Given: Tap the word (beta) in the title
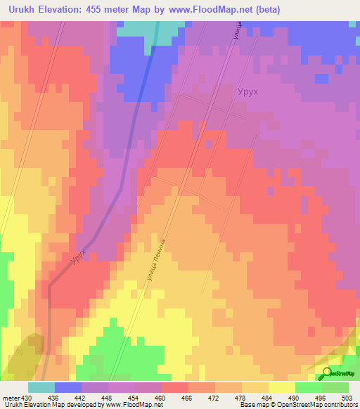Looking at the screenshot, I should (x=302, y=11).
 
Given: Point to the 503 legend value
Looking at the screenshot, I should (x=347, y=398).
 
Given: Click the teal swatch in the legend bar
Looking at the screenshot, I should (x=41, y=387).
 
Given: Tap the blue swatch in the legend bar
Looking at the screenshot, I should (x=67, y=387).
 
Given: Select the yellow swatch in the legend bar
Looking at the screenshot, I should (x=281, y=387).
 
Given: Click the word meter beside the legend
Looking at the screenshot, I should (x=10, y=398).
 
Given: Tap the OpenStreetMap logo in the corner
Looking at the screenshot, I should (x=338, y=373).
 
